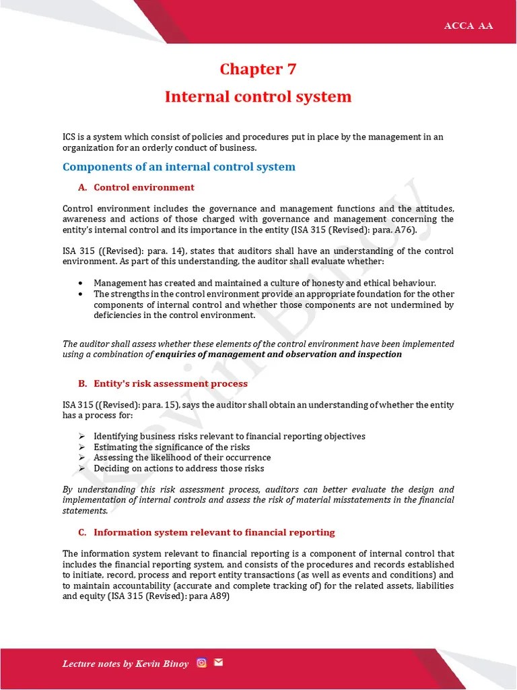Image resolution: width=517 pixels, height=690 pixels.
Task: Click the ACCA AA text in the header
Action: pyautogui.click(x=469, y=26)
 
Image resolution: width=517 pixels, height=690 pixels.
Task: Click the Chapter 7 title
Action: pyautogui.click(x=258, y=69)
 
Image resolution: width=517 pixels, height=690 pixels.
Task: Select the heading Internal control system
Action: pyautogui.click(x=258, y=96)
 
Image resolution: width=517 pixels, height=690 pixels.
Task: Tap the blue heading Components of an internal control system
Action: pyautogui.click(x=178, y=166)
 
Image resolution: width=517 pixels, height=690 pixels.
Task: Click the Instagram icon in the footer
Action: pyautogui.click(x=201, y=662)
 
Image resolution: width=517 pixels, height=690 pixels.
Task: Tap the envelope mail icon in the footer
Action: pyautogui.click(x=218, y=662)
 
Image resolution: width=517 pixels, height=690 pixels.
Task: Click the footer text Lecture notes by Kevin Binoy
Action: pyautogui.click(x=125, y=664)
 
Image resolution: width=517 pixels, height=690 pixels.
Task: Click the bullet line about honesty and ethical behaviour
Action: pyautogui.click(x=265, y=283)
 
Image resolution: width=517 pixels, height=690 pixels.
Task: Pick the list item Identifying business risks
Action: pyautogui.click(x=229, y=436)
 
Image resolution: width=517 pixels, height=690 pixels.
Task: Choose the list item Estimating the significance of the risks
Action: pyautogui.click(x=172, y=447)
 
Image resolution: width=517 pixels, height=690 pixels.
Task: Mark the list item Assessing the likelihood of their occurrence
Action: pyautogui.click(x=182, y=458)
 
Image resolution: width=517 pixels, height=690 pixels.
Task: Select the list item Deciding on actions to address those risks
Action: pyautogui.click(x=178, y=468)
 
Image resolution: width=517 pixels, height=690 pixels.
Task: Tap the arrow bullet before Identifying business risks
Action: pyautogui.click(x=81, y=436)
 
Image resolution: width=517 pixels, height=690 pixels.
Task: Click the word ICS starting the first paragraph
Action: pyautogui.click(x=70, y=137)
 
